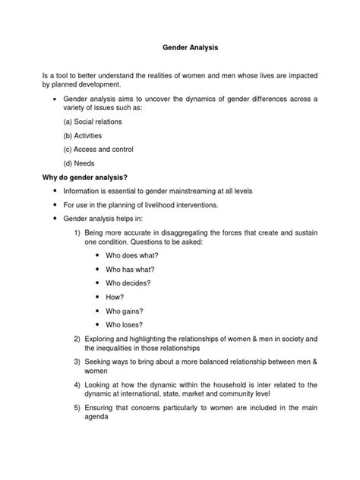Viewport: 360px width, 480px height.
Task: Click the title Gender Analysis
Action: [180, 46]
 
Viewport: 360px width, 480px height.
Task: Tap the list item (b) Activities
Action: [83, 135]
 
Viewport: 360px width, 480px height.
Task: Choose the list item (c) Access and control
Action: [99, 149]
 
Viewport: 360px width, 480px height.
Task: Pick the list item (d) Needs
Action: [80, 163]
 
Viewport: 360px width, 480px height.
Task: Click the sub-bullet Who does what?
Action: [132, 255]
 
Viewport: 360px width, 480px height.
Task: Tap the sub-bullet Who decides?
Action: [128, 283]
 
